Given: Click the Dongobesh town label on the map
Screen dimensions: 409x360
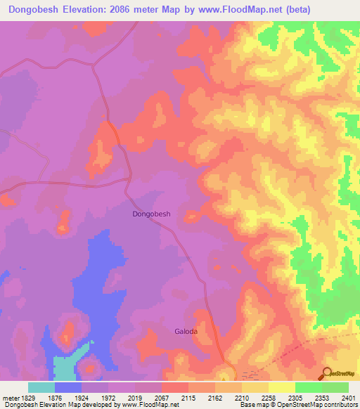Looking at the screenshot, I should tap(152, 214).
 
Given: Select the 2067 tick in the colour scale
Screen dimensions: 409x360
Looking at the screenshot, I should tap(161, 397).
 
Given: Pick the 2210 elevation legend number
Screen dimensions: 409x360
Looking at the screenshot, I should tap(241, 397).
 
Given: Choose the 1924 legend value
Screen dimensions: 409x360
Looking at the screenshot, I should tap(81, 397).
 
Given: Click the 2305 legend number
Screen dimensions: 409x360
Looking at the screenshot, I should tap(295, 397).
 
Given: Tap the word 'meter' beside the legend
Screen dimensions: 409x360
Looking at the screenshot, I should tap(9, 397).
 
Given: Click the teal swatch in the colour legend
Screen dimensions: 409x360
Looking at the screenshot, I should tap(41, 387).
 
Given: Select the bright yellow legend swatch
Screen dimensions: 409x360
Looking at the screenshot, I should tap(281, 387).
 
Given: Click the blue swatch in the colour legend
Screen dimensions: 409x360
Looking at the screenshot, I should tap(68, 387).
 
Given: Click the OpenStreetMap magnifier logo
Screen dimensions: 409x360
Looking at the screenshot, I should tap(326, 374).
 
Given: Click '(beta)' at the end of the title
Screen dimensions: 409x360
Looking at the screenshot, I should tap(295, 10).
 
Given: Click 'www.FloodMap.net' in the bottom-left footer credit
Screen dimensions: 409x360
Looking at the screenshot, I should tap(148, 405).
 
